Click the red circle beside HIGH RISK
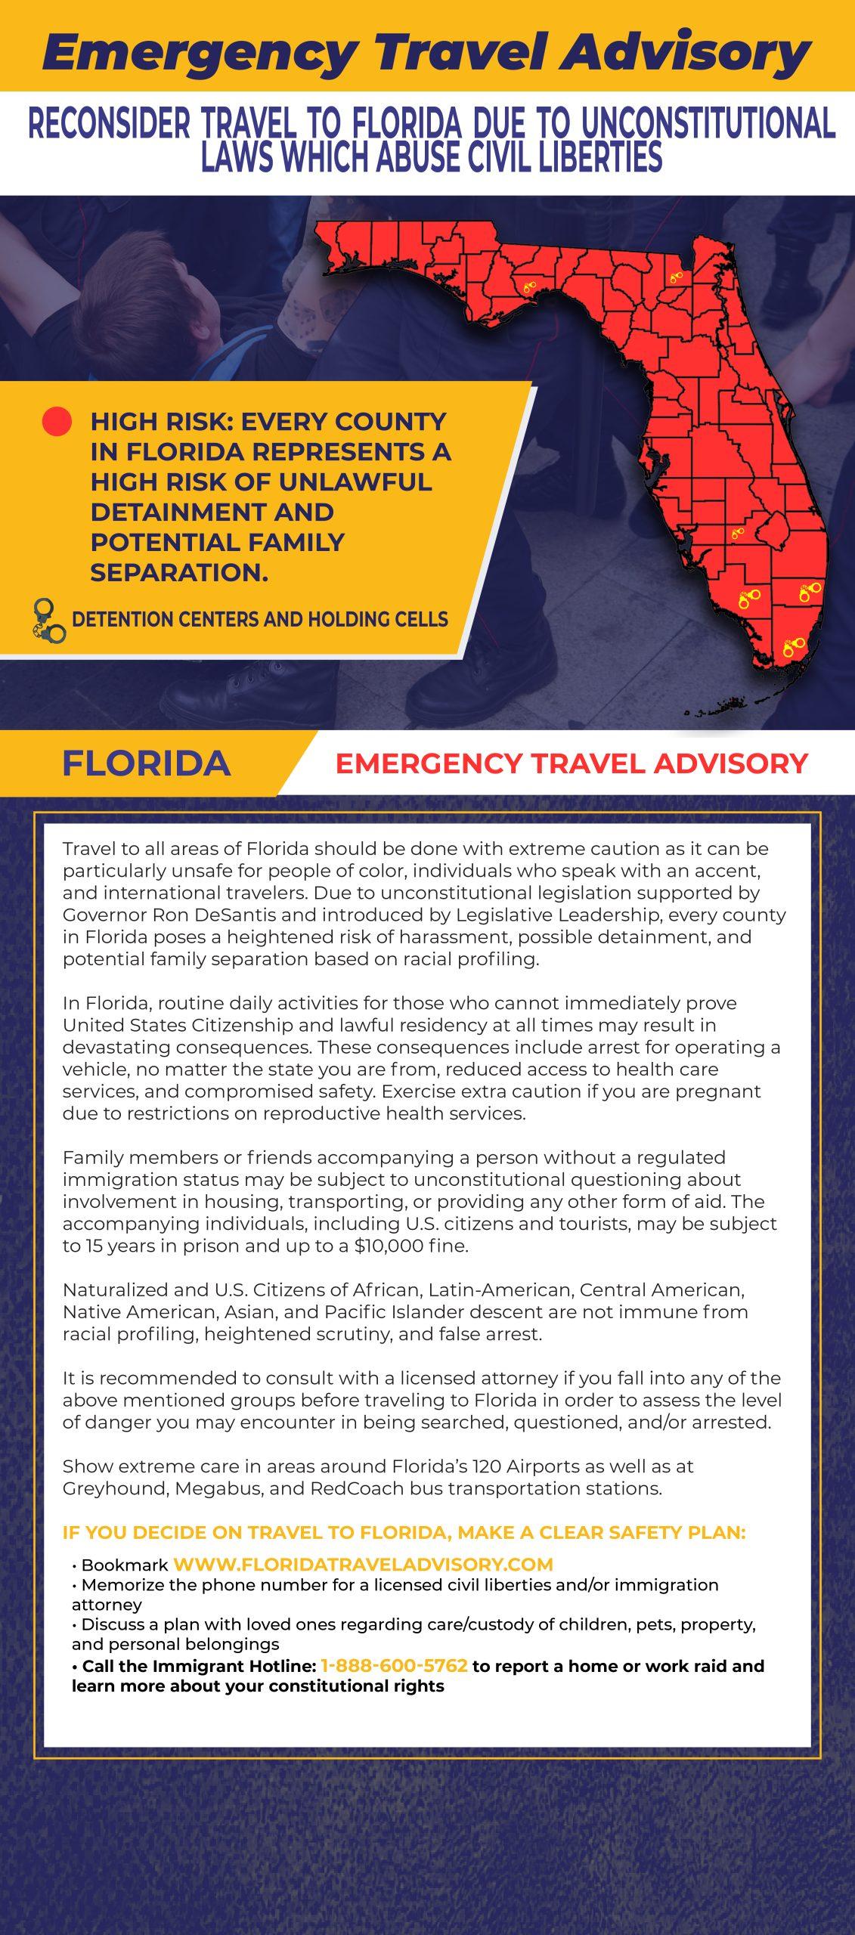(x=57, y=422)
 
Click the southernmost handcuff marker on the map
(x=794, y=647)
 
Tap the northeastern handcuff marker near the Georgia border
(x=676, y=277)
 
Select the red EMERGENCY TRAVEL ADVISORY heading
(x=572, y=763)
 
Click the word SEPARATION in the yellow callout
(x=179, y=572)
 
